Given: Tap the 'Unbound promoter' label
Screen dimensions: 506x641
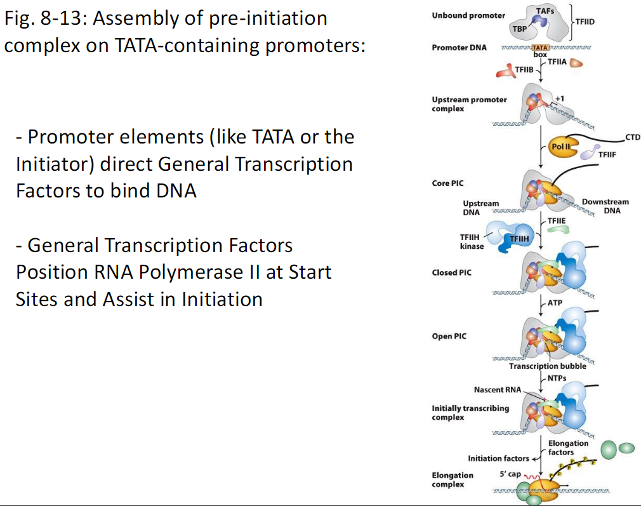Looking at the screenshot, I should [468, 15].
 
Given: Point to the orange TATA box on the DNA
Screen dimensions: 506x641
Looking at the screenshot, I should [539, 48].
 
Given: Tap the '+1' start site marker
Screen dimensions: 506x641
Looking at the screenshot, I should [559, 98].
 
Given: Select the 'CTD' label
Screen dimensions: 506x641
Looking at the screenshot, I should [633, 136].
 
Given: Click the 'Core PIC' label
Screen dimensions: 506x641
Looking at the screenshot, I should [448, 183].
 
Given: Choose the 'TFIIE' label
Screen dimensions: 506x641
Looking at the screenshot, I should [557, 220].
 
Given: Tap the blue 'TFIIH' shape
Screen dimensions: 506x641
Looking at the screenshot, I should [519, 238].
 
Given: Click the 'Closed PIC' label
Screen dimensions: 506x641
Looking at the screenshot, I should [453, 272].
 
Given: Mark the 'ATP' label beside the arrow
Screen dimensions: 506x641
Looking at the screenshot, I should [555, 303].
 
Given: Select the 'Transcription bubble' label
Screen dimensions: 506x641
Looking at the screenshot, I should [548, 366].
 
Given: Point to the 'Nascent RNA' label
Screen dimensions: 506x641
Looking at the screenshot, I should [497, 389].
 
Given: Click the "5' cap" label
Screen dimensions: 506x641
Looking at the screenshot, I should [510, 474].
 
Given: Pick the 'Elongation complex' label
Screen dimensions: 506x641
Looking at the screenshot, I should [453, 479].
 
